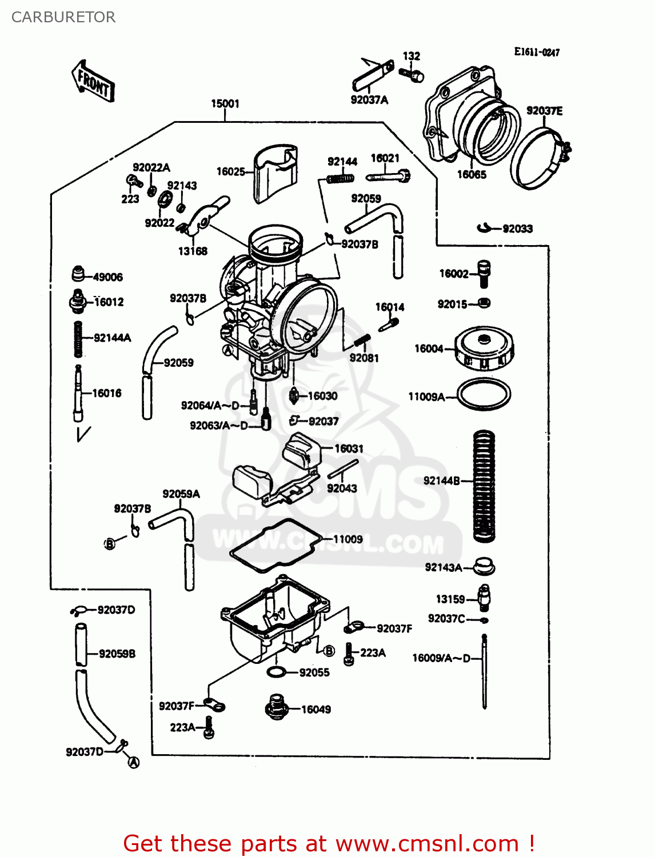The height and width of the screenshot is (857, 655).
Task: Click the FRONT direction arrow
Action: pos(93,82)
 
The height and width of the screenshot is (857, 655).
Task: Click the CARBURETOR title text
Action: pos(63,17)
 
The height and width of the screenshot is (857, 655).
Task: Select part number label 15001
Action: pos(225,103)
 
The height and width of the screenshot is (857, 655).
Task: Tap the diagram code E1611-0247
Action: pos(537,52)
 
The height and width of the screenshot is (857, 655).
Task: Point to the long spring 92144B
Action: pos(484,486)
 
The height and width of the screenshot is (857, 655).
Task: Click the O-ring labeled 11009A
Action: pos(484,394)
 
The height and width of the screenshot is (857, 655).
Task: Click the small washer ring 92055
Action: pos(276,672)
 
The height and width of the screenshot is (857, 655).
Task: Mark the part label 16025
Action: pos(230,171)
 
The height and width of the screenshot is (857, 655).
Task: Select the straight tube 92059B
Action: pos(81,644)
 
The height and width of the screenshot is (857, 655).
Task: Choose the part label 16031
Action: pos(349,448)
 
